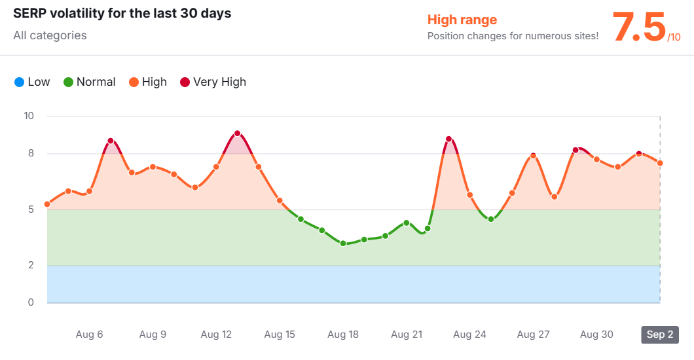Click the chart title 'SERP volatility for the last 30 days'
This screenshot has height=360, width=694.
coord(122,13)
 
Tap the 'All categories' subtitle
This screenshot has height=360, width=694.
coord(50,35)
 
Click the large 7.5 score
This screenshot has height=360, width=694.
coord(638,28)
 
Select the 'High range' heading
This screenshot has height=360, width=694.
coord(462,20)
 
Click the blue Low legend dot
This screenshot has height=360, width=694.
coord(19,82)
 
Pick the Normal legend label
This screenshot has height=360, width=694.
coord(96,82)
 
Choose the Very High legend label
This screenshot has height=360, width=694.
coord(219,82)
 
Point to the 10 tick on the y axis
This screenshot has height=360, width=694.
coord(29,117)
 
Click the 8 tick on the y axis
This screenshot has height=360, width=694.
coord(31,154)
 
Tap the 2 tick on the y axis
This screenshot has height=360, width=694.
coord(31,266)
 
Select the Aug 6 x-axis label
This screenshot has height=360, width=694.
coord(90,334)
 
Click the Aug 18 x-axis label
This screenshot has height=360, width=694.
coord(343,334)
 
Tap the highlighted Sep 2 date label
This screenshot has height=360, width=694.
coord(659,334)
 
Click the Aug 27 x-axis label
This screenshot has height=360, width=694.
coord(533,334)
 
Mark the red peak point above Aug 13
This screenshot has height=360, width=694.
coord(237,134)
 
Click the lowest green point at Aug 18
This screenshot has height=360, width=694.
coord(343,243)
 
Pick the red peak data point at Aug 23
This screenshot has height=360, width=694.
coord(448,139)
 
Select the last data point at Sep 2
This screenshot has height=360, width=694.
coord(660,163)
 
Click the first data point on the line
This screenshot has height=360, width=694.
coord(47,204)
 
